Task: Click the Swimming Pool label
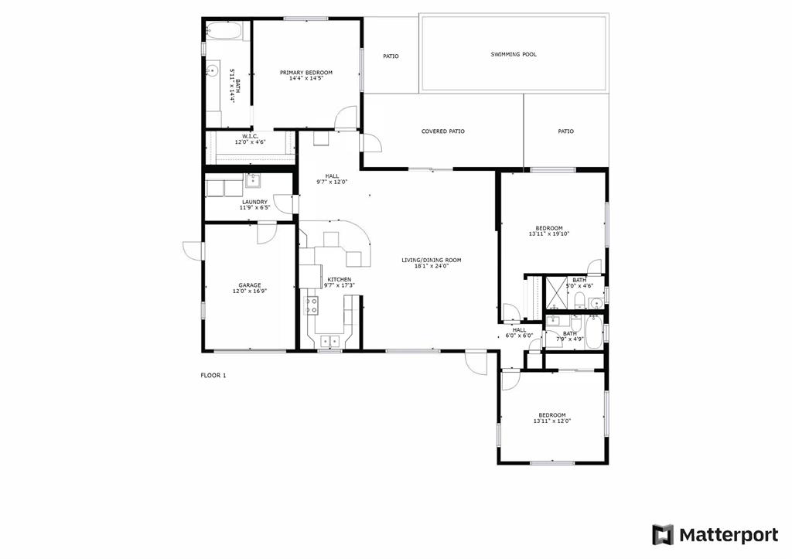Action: [514, 54]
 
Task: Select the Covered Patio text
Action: [443, 131]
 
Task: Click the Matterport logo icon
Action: [663, 535]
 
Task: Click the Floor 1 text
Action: [213, 375]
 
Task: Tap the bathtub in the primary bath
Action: [225, 31]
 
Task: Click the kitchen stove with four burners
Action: [311, 305]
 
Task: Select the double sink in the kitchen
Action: [329, 342]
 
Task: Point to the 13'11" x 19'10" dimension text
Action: [549, 233]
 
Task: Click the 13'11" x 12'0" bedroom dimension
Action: [552, 421]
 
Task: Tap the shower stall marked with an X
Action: [556, 292]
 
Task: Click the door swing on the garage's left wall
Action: [193, 251]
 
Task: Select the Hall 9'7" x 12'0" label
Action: [333, 179]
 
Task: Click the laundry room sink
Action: [253, 180]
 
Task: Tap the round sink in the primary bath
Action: [212, 70]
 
